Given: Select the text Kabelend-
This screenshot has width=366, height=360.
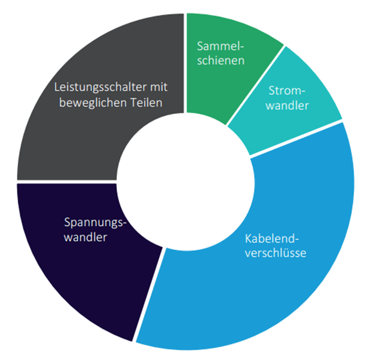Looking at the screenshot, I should click(271, 239).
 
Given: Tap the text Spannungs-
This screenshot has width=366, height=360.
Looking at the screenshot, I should click(95, 222).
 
